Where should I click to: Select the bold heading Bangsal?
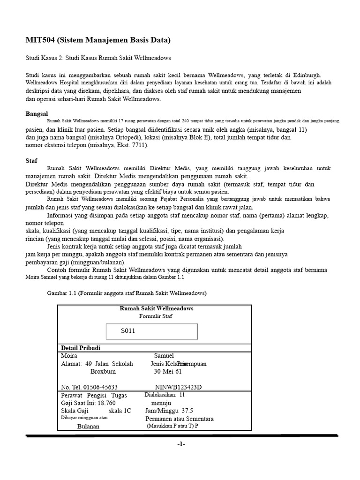tap(37, 114)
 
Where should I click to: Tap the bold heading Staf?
tap(31, 160)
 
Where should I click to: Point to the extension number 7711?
tap(138, 145)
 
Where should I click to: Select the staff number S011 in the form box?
tap(128, 331)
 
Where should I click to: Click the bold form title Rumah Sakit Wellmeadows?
tap(157, 308)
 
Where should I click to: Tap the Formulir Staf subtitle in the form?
tap(156, 316)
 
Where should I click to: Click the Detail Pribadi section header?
tap(81, 348)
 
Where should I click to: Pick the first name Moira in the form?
tap(69, 356)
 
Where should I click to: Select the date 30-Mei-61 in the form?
tap(168, 371)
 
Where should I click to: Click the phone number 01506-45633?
tap(100, 387)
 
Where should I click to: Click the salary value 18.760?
tap(106, 403)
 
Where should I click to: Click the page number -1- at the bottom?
tap(181, 444)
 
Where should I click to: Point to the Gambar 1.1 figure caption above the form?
tap(127, 293)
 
